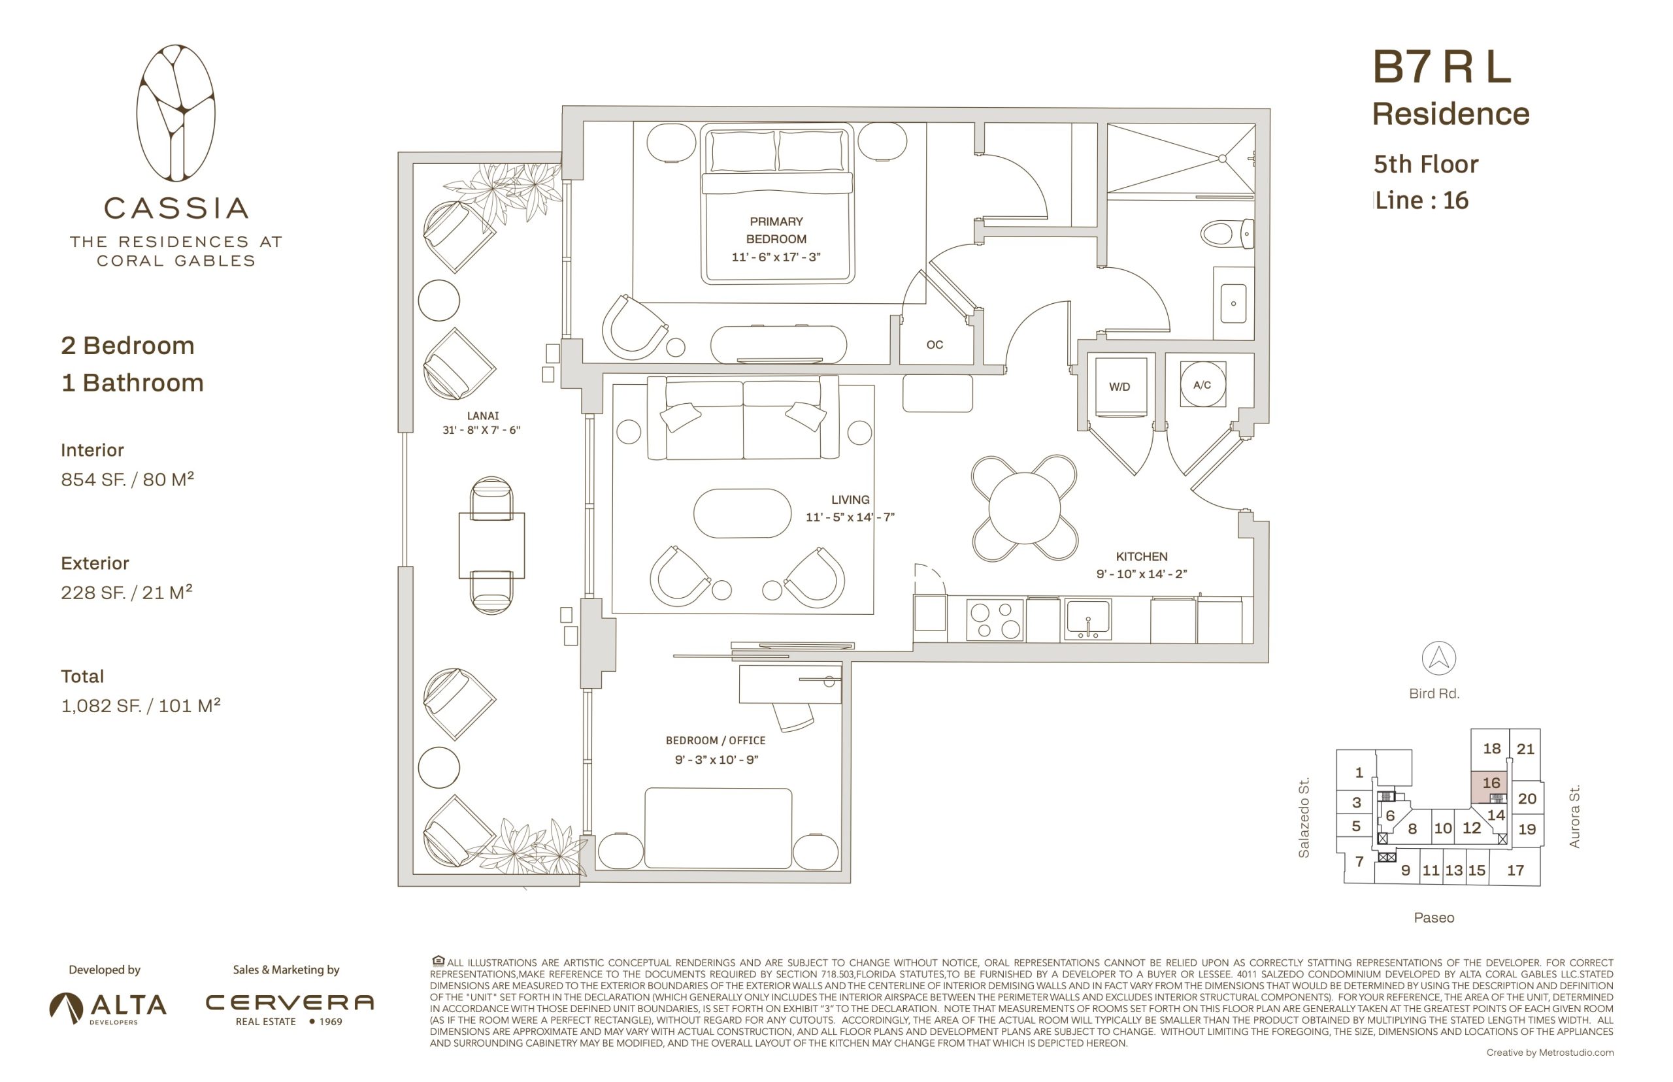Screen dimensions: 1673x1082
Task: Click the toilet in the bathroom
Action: coord(1227,233)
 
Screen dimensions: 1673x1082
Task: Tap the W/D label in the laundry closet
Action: coord(1119,386)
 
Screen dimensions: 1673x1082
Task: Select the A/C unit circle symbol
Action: coord(1202,384)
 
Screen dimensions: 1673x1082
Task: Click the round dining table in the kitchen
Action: coord(1025,508)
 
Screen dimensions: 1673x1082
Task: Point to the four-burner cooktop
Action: coord(995,619)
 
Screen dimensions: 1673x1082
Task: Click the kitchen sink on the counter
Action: coord(1087,619)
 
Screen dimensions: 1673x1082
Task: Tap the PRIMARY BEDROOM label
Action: coord(776,230)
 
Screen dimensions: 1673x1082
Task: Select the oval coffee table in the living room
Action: coord(742,513)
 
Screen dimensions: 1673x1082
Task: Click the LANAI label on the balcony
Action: coord(483,416)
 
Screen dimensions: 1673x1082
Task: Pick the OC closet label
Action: coord(935,344)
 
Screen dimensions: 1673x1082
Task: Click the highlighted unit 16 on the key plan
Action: coord(1489,787)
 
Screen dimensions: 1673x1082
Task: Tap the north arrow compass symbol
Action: coord(1438,659)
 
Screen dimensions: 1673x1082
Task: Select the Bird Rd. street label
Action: coord(1434,693)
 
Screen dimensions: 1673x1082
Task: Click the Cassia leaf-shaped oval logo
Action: coord(176,113)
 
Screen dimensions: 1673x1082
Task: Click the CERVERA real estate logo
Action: coord(290,1009)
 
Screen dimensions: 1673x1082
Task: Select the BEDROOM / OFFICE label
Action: coord(716,740)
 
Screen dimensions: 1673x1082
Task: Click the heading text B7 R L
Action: coord(1441,67)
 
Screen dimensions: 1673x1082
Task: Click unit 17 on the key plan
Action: coord(1515,870)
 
